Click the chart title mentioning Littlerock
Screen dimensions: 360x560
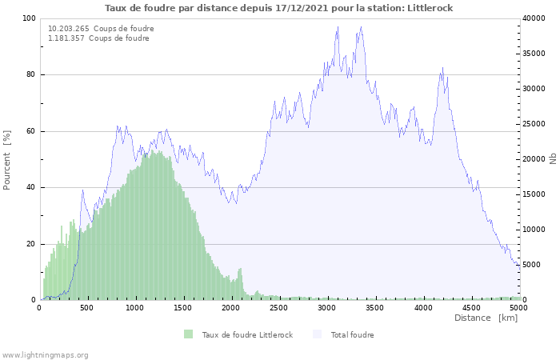[279, 8]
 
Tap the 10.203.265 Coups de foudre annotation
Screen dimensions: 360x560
[101, 29]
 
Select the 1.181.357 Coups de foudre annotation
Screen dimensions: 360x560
[98, 38]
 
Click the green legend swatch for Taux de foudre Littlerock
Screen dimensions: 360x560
[189, 334]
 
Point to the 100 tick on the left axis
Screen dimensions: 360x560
[29, 18]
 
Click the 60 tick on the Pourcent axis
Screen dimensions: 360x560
[31, 131]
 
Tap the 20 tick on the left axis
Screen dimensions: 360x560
[31, 244]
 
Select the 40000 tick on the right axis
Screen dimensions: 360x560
[534, 18]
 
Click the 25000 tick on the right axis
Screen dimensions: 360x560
[534, 124]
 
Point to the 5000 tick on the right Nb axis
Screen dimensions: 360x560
[532, 265]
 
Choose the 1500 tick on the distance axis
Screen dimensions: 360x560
[183, 307]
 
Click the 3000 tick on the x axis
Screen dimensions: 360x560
[326, 307]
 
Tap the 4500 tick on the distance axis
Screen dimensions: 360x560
[470, 307]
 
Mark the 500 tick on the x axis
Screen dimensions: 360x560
[87, 307]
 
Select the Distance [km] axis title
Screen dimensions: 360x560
[486, 318]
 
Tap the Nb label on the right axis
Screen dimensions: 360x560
[553, 159]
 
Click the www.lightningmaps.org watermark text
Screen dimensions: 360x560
[45, 354]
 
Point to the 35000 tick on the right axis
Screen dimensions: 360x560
[534, 54]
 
